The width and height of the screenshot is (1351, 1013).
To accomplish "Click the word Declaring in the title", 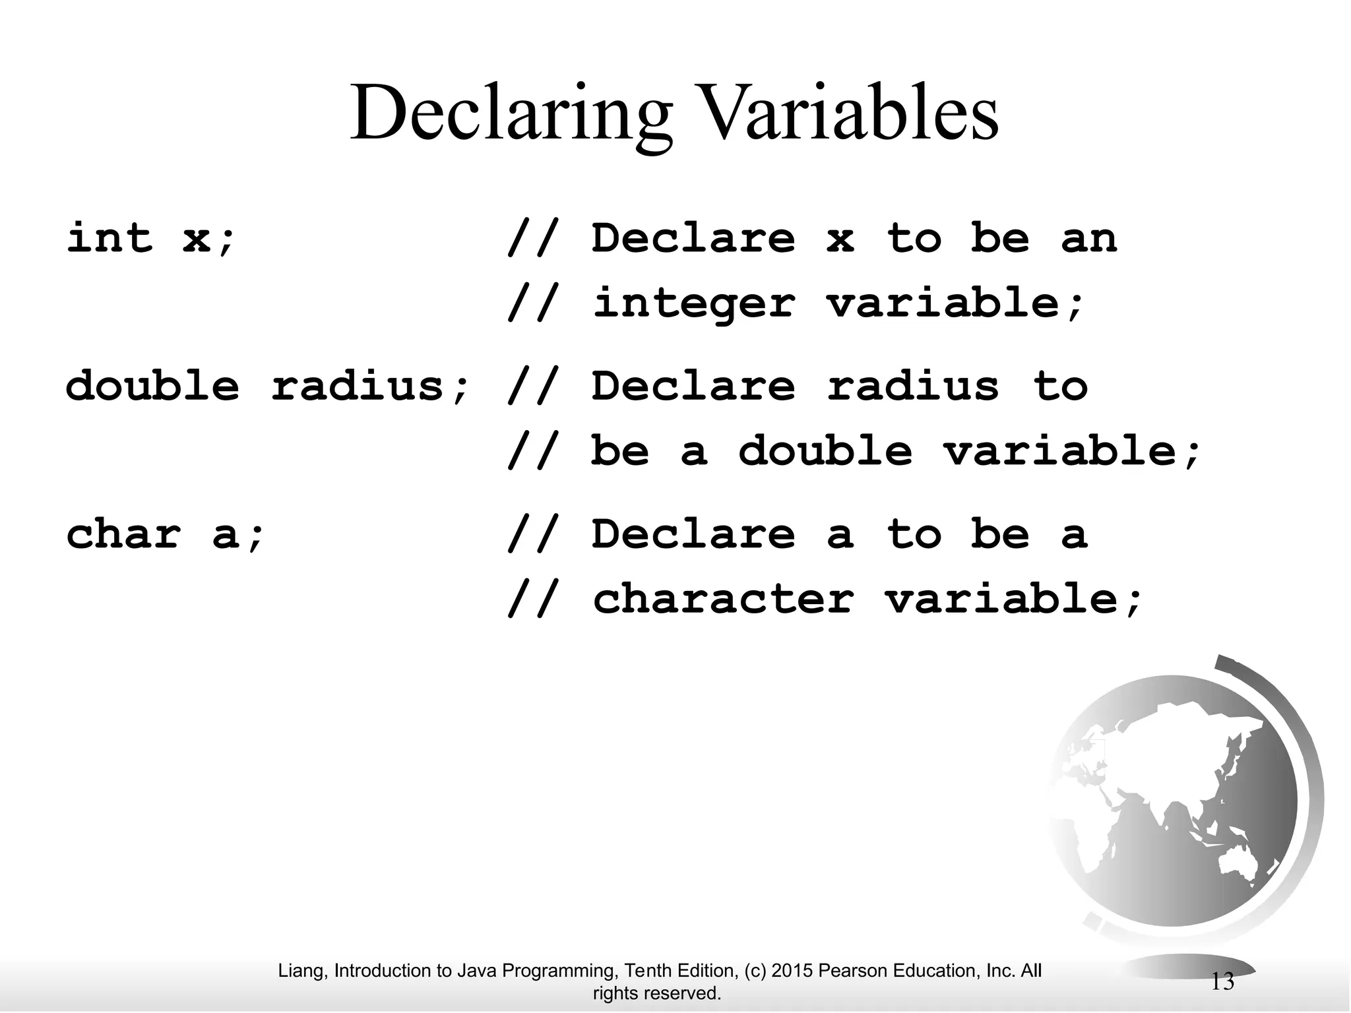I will (511, 113).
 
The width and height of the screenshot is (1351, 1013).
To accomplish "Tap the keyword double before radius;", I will (152, 385).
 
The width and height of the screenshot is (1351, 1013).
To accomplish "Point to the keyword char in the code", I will (124, 534).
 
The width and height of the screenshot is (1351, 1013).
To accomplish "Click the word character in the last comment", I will (724, 599).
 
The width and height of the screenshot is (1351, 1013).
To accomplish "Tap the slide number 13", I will (1222, 982).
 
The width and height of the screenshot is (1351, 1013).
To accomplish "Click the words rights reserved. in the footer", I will (657, 993).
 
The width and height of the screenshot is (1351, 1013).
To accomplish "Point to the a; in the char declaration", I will (238, 534).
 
